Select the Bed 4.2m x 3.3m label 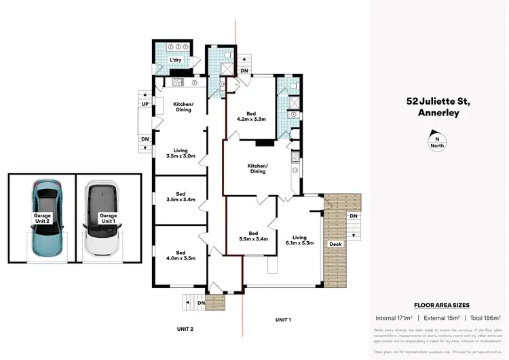pos(250,115)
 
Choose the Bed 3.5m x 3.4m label pos(180,197)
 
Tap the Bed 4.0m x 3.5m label pos(180,255)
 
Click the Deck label pos(335,244)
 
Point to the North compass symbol pos(437,143)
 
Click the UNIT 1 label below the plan pos(283,319)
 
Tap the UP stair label pos(145,103)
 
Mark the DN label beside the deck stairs pos(353,216)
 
